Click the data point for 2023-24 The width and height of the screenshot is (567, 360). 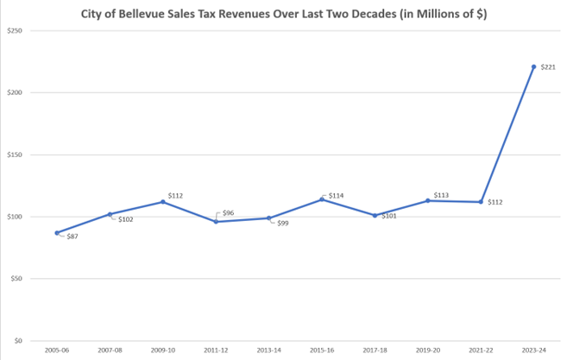[x=533, y=66]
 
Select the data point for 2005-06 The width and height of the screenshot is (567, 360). [x=57, y=233]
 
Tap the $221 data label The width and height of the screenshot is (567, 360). [x=547, y=67]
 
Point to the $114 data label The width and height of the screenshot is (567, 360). [x=337, y=196]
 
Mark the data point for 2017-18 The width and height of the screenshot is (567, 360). [x=375, y=216]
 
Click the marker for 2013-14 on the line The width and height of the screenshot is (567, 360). [x=268, y=218]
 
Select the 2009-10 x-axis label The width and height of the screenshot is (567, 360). [x=162, y=350]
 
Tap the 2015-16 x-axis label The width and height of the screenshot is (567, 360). [x=321, y=350]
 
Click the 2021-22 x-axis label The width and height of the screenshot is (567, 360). [x=481, y=350]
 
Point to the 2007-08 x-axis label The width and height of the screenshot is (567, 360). [x=110, y=350]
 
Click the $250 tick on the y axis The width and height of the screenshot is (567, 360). [x=15, y=30]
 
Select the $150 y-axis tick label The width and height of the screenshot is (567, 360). [x=15, y=155]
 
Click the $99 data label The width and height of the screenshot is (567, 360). [x=281, y=224]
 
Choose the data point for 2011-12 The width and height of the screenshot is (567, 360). [x=216, y=222]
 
